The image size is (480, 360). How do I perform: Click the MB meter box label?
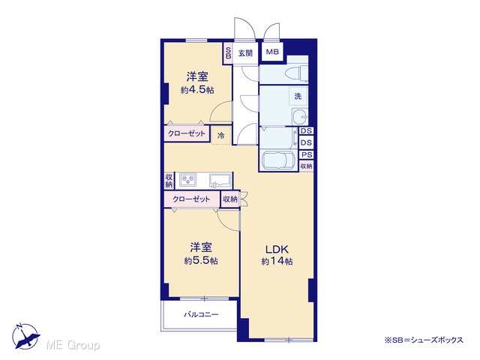coord(272,52)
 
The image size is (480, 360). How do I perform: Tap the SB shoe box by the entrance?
coord(228,52)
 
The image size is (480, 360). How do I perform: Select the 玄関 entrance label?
coord(245,53)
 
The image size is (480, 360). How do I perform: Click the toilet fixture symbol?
coord(296,73)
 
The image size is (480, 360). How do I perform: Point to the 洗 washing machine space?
coord(298,96)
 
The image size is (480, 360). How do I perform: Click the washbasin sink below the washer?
coord(300,116)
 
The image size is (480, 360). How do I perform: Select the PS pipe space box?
coord(307,154)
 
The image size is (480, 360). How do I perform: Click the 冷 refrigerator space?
coord(221,135)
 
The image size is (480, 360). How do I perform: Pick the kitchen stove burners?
coord(188,180)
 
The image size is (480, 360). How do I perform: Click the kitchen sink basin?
coord(220,180)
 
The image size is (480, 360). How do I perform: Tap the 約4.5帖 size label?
coord(197,90)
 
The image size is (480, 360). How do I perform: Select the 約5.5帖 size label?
coord(201,261)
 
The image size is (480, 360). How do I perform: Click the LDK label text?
coord(277,250)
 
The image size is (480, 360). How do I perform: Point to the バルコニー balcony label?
coord(201,314)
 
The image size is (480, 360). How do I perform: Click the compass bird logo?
coord(25,336)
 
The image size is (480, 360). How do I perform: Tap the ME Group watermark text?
coord(73,345)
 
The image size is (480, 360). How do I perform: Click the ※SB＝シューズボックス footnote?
coord(424,340)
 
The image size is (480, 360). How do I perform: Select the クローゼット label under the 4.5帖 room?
coord(187,133)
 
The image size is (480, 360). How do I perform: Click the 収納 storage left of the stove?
coord(169,181)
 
